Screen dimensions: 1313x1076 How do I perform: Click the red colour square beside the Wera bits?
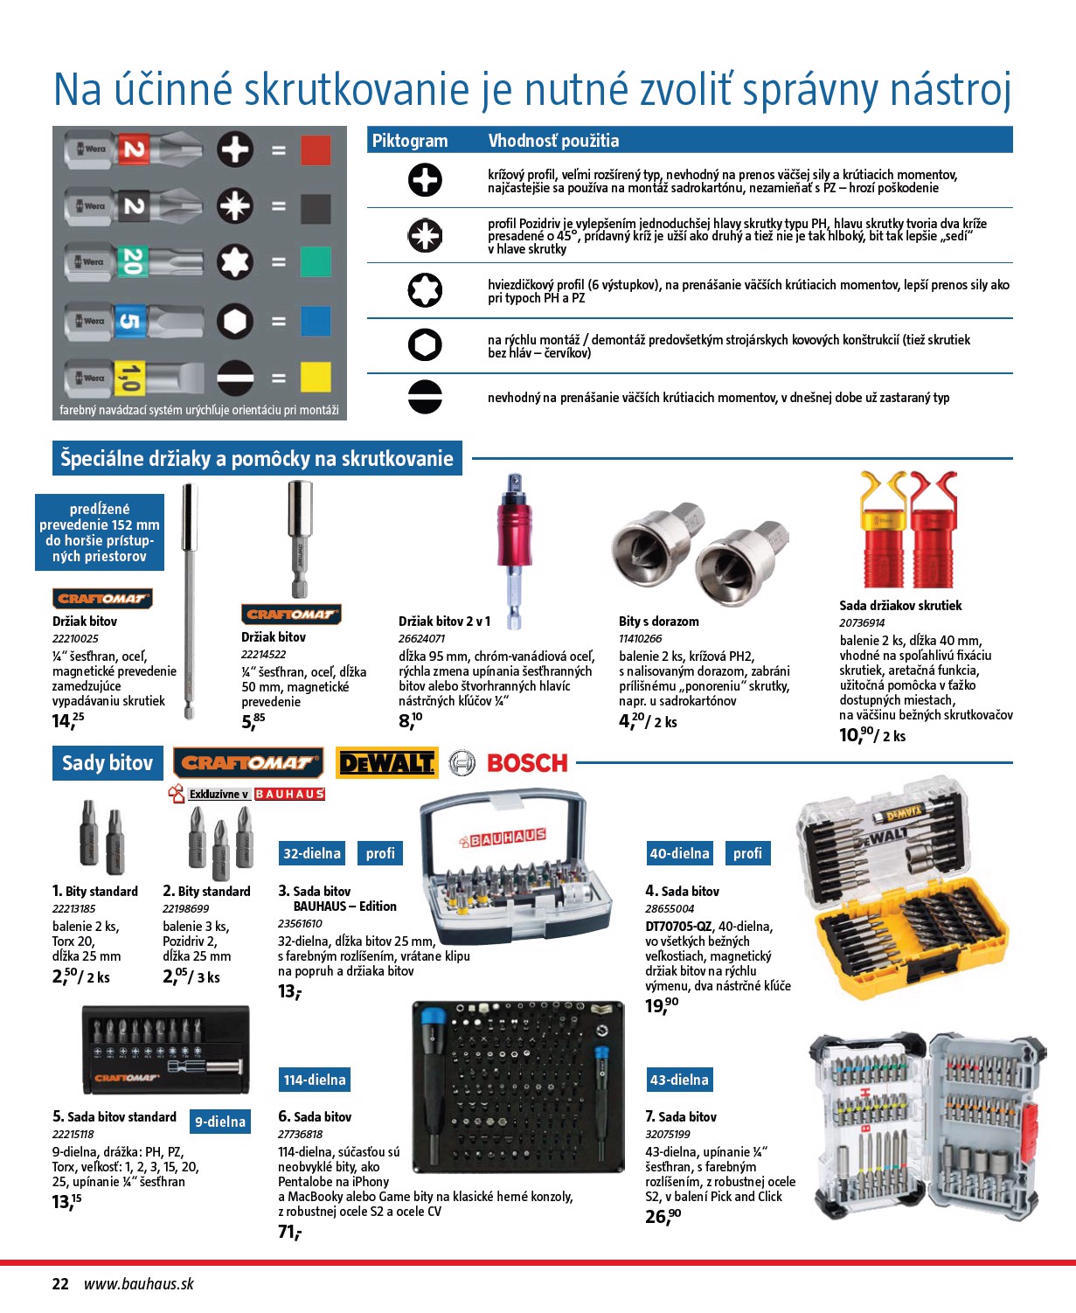click(x=316, y=150)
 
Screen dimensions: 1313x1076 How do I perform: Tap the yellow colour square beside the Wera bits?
click(x=316, y=377)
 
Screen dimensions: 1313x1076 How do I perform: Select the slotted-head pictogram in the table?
click(x=425, y=396)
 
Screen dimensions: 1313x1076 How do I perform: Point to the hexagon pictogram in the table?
click(x=425, y=344)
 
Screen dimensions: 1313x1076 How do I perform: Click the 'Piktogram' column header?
click(x=410, y=141)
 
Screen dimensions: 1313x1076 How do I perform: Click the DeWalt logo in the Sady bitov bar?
click(x=385, y=763)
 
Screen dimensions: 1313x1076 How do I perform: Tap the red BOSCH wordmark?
click(x=527, y=763)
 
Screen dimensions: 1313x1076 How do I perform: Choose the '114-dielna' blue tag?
click(x=314, y=1080)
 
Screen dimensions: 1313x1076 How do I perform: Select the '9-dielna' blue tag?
click(x=220, y=1122)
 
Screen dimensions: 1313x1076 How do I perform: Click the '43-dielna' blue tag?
click(x=679, y=1080)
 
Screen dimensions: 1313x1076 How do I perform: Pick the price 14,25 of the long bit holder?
click(x=68, y=721)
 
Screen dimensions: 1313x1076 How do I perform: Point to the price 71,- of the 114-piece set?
click(x=289, y=1232)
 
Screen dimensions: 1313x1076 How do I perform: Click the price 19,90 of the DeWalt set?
click(x=662, y=1005)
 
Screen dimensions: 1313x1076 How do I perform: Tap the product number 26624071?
click(x=422, y=639)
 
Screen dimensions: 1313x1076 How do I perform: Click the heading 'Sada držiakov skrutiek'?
click(x=900, y=605)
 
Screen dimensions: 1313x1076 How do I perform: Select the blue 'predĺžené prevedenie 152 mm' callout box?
click(x=100, y=532)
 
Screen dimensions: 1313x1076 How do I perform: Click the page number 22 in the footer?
click(x=60, y=1283)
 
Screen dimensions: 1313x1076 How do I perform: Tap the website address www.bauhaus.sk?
click(x=139, y=1283)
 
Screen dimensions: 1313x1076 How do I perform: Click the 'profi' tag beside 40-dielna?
click(x=747, y=853)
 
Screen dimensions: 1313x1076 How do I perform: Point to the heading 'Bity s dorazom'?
click(x=659, y=622)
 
